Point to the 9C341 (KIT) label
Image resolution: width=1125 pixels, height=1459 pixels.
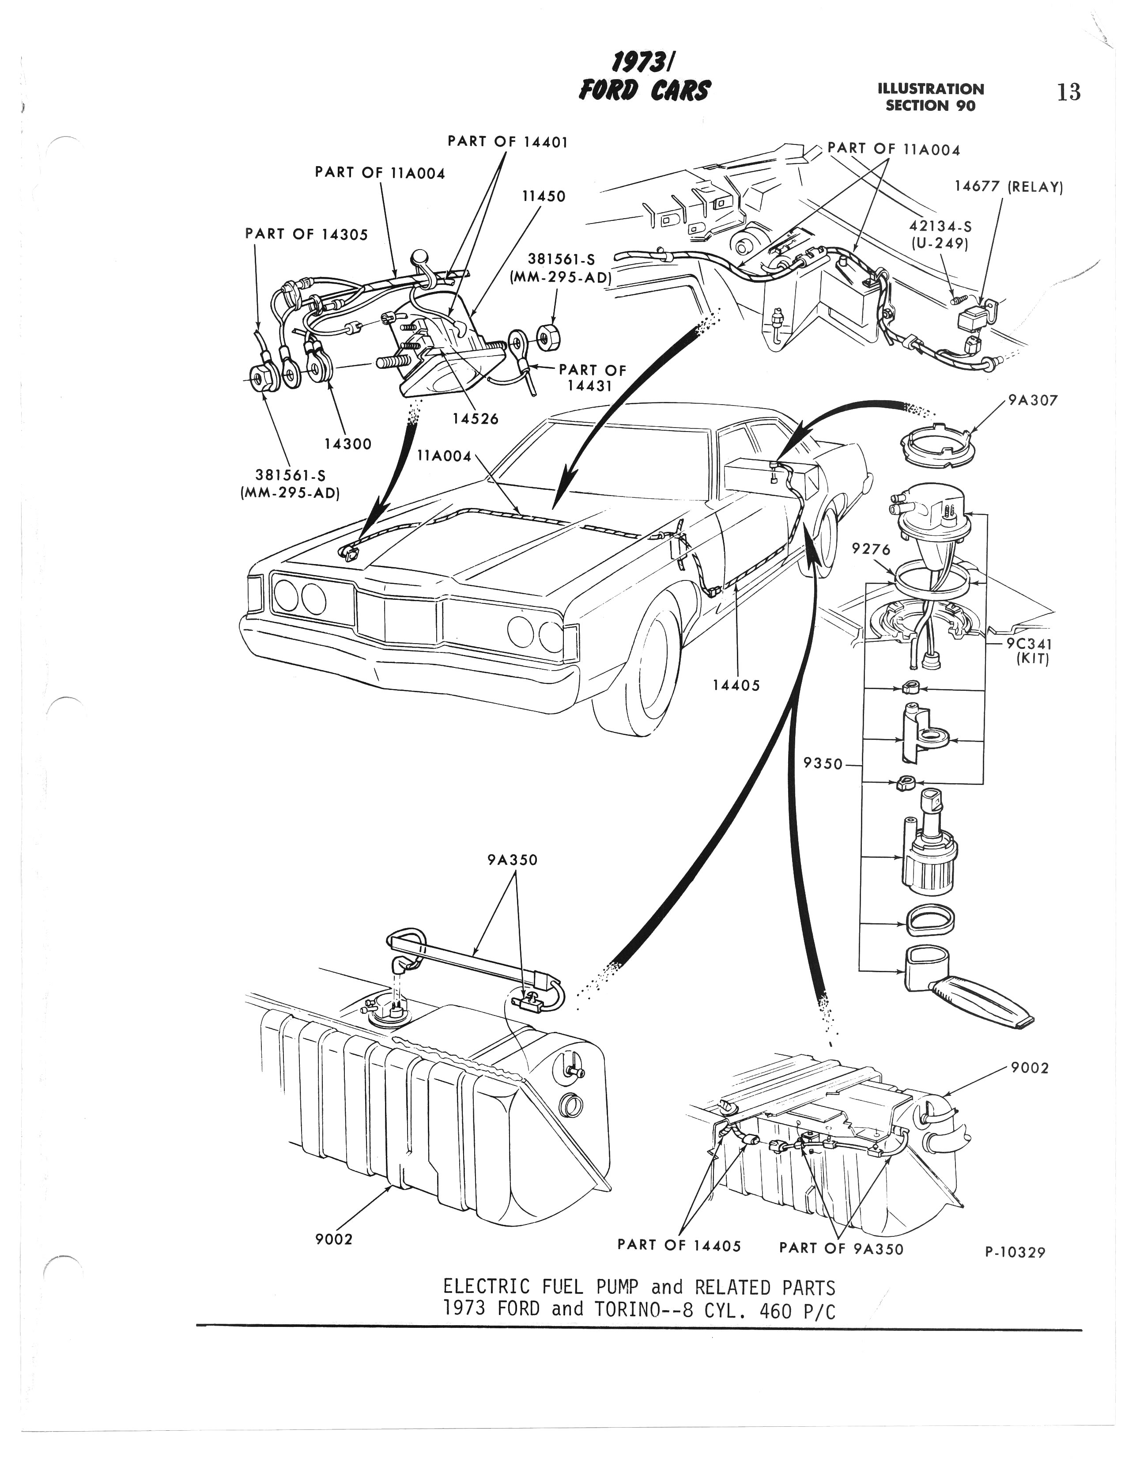click(x=1030, y=652)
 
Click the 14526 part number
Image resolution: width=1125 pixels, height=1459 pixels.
click(x=475, y=418)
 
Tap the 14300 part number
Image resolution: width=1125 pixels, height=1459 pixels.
click(x=348, y=443)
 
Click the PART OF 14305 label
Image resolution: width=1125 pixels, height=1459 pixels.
click(x=306, y=235)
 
